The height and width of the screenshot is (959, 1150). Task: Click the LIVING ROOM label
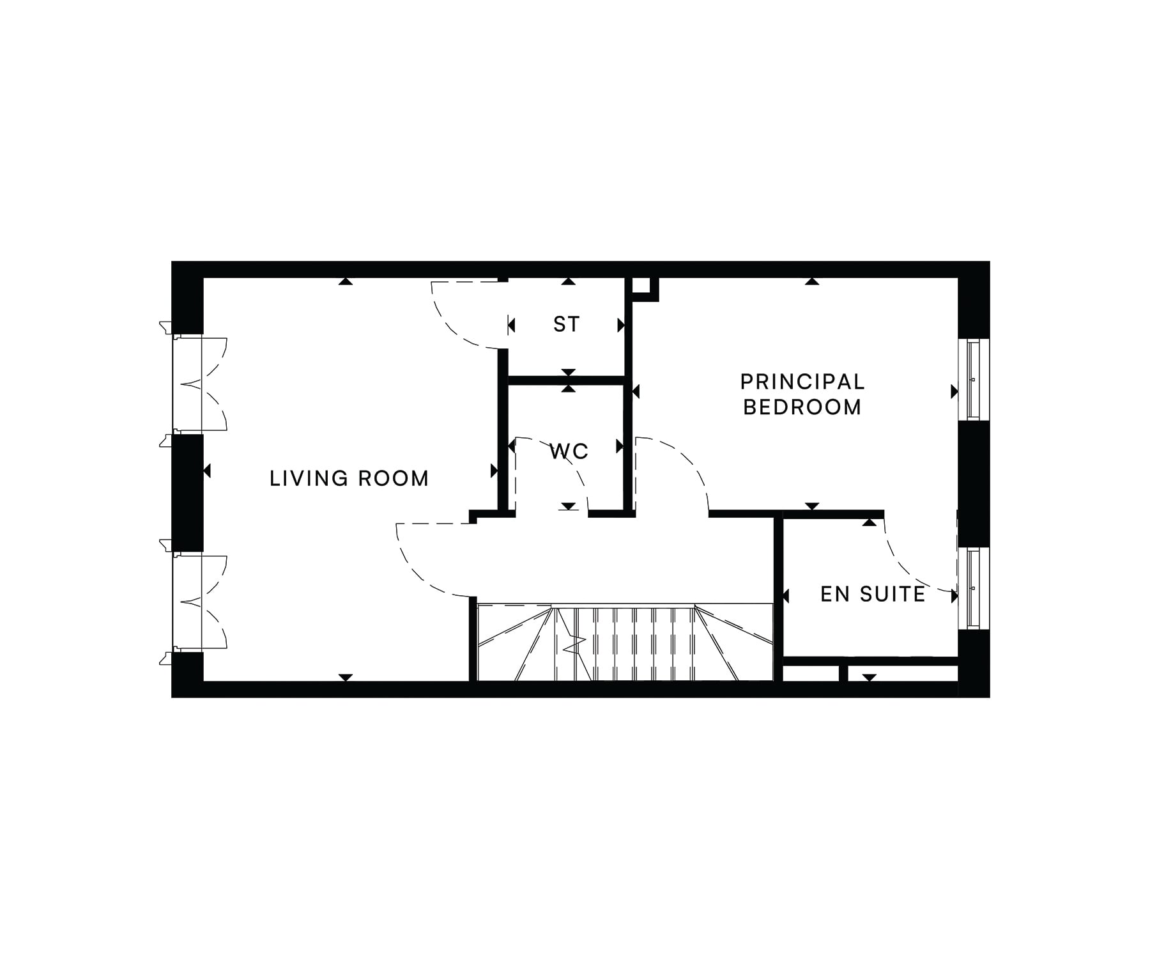349,478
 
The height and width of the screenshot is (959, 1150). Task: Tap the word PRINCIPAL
802,382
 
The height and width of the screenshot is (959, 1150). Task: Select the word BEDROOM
802,407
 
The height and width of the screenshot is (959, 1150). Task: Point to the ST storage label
566,324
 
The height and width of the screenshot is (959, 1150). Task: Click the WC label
569,451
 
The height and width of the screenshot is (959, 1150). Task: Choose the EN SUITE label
873,594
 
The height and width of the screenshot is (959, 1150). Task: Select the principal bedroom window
973,380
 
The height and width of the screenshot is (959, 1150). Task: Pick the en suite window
973,588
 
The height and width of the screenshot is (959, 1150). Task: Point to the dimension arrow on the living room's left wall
207,471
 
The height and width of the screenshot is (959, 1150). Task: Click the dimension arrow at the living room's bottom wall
346,677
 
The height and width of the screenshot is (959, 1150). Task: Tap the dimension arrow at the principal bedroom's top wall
812,281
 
